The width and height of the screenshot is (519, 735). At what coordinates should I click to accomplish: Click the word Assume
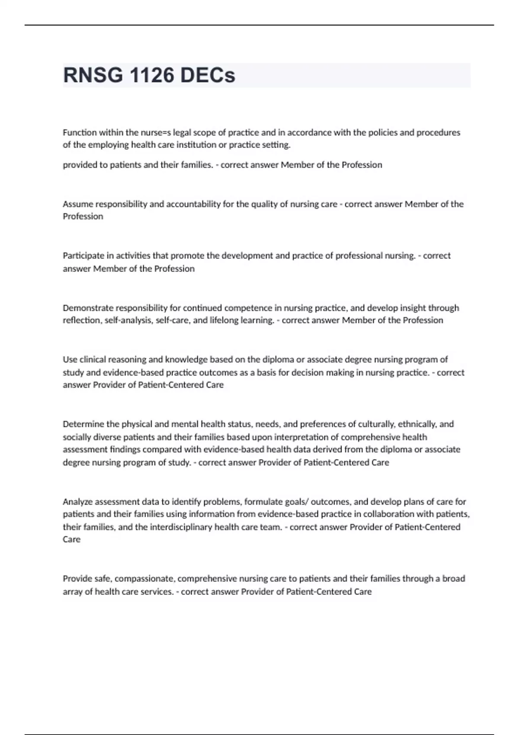point(77,204)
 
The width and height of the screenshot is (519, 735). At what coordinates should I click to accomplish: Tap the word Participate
point(83,256)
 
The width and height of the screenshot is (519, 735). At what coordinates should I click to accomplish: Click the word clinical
point(93,359)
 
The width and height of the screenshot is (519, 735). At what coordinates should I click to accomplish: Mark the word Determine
point(83,424)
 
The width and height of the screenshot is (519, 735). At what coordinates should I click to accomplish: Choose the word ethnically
point(417,424)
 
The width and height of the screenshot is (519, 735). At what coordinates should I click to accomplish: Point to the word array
point(72,591)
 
